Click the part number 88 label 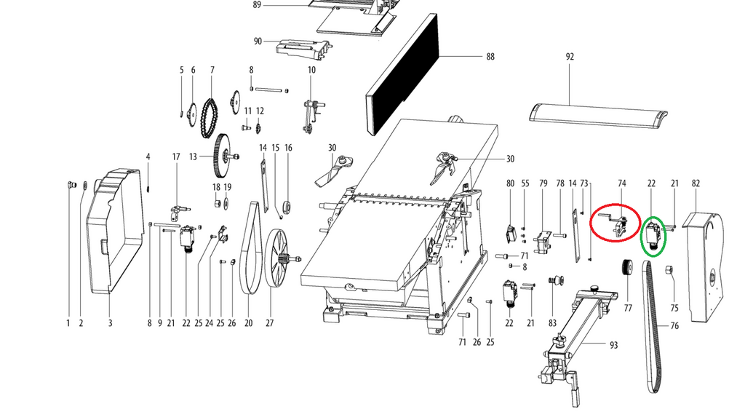tap(490, 57)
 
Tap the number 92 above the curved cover tap(570, 57)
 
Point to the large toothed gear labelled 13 tap(222, 156)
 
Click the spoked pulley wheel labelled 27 tap(277, 258)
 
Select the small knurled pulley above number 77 tap(627, 266)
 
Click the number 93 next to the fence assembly tap(613, 345)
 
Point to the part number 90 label tap(258, 41)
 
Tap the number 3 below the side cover tap(111, 323)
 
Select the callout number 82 tap(696, 183)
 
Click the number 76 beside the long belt tap(674, 326)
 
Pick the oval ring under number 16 tap(287, 207)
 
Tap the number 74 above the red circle tap(621, 183)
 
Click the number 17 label tap(176, 156)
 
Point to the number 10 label tap(311, 70)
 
